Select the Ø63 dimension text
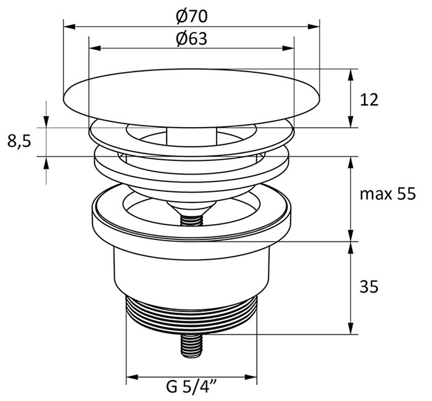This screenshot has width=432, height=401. pyautogui.click(x=191, y=38)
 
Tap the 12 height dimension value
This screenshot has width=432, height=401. pyautogui.click(x=369, y=99)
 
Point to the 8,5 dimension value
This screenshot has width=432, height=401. pyautogui.click(x=19, y=141)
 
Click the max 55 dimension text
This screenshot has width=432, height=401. pyautogui.click(x=388, y=194)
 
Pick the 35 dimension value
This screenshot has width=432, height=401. pyautogui.click(x=368, y=286)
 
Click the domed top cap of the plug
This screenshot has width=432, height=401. pyautogui.click(x=191, y=93)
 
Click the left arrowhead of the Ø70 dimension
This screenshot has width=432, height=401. pyautogui.click(x=69, y=27)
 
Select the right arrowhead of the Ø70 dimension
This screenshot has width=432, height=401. pyautogui.click(x=315, y=27)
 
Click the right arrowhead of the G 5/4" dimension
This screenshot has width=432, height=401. pyautogui.click(x=252, y=376)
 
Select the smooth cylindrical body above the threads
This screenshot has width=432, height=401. pyautogui.click(x=191, y=271)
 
